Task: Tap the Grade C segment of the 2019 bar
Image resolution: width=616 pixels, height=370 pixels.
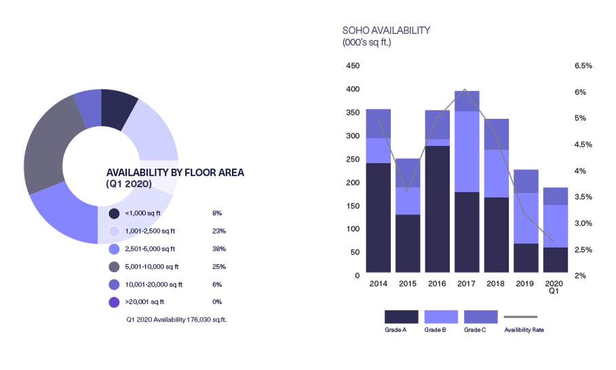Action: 526,181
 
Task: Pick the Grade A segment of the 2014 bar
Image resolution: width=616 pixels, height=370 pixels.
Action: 378,218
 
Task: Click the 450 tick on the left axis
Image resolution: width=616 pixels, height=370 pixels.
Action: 352,66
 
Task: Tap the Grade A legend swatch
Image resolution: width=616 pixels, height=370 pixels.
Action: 401,317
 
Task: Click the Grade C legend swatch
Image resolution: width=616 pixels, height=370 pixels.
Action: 480,317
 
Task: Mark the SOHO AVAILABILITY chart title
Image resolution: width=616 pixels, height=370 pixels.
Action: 387,31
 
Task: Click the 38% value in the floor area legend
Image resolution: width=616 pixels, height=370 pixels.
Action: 217,248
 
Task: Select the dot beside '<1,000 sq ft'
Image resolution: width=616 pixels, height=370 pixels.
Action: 114,213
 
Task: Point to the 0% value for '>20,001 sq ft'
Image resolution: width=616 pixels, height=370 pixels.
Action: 216,302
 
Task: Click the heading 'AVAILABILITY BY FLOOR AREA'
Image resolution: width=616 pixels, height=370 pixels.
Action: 175,172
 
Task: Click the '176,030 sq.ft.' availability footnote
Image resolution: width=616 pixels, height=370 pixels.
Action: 176,319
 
